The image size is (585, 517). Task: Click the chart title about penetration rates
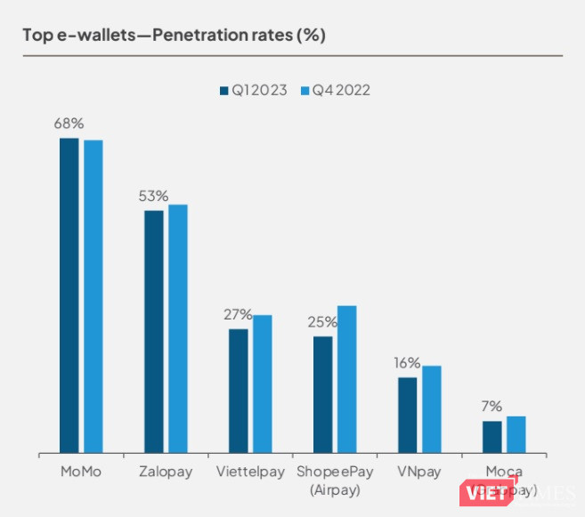click(174, 36)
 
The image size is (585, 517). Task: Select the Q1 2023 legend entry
click(253, 90)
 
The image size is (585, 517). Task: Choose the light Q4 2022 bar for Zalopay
click(178, 329)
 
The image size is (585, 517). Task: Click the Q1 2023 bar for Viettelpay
click(238, 392)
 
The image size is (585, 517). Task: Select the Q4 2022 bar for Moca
click(516, 435)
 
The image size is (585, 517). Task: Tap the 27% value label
click(238, 314)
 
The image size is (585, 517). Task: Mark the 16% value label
click(407, 363)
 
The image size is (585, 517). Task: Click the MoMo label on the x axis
click(80, 472)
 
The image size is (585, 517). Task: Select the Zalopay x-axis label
click(166, 472)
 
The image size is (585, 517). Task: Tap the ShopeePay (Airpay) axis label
click(335, 480)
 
